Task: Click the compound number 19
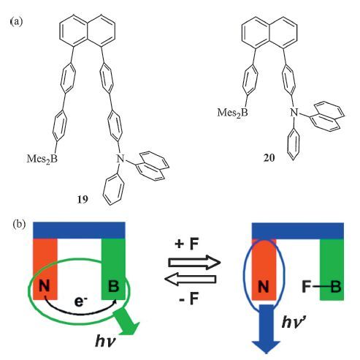(x=83, y=200)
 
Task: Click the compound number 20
(x=269, y=158)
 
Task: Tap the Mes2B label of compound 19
(x=42, y=160)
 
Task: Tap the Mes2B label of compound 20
(x=232, y=113)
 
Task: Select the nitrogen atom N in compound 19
(x=120, y=159)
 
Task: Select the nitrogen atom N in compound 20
(x=294, y=113)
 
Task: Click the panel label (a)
(x=17, y=21)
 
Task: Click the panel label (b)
(x=19, y=224)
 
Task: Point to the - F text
(x=189, y=299)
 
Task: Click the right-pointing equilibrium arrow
(x=194, y=263)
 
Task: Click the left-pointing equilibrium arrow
(x=191, y=280)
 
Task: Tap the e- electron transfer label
(x=81, y=301)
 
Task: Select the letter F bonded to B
(x=307, y=287)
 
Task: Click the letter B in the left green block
(x=113, y=286)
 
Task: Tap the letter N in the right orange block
(x=263, y=287)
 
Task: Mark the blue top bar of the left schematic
(x=79, y=230)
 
